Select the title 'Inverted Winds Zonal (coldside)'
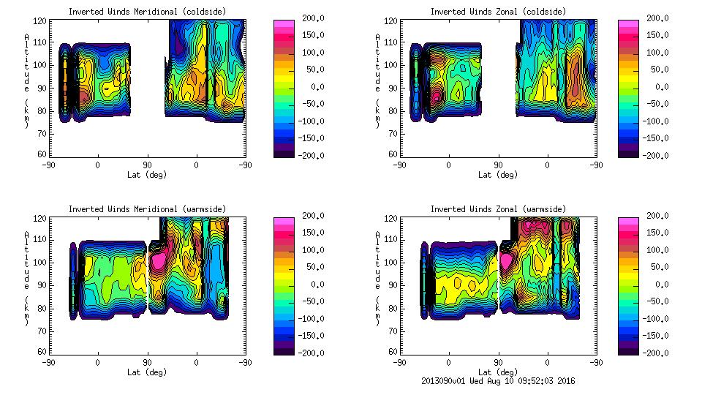tap(497, 12)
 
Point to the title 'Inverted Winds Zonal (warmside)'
tap(497, 209)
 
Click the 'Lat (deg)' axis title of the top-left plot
tap(146, 175)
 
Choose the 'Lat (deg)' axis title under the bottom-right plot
tap(497, 372)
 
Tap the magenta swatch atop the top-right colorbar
tap(628, 24)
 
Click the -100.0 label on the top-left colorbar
tap(310, 121)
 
